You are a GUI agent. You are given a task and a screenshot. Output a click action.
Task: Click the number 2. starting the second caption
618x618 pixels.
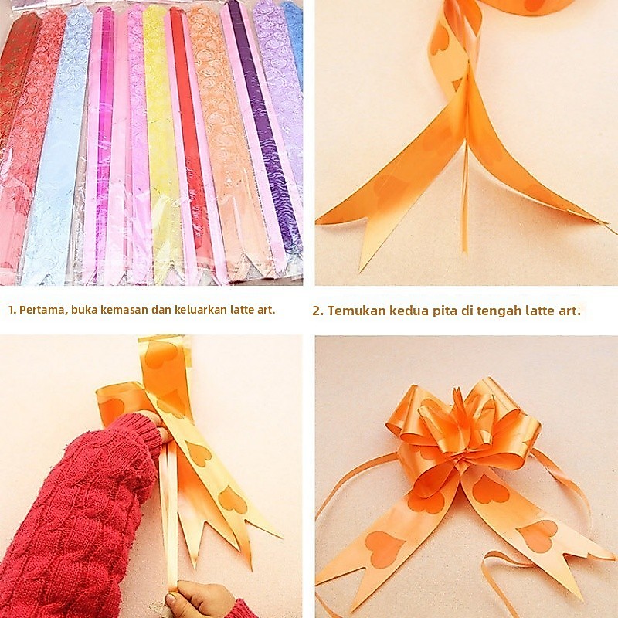(x=318, y=311)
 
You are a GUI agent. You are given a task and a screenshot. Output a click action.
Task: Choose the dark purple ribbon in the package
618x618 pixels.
(x=260, y=126)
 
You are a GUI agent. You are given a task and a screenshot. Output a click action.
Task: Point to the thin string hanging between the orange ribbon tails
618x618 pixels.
(x=465, y=197)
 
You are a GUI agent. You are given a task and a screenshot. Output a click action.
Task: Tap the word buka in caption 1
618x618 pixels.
(x=84, y=310)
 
